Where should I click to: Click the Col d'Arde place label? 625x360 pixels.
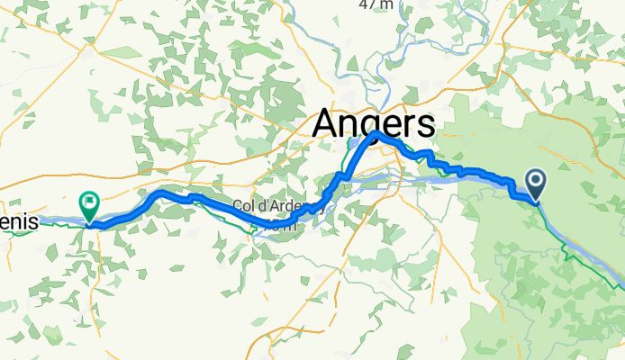point(267,206)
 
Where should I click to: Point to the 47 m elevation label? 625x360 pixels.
point(376,4)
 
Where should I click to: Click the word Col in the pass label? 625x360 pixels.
point(242,206)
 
